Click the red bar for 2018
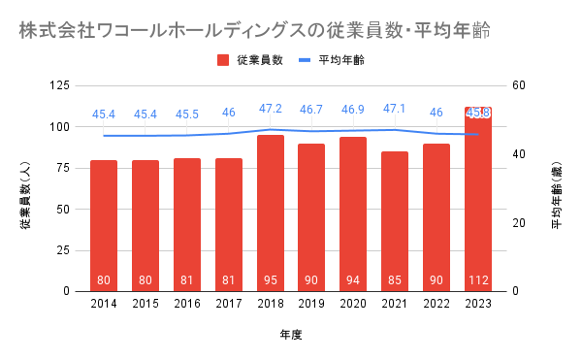271,213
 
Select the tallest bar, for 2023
478,199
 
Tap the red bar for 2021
395,221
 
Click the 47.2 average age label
271,109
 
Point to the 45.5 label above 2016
187,115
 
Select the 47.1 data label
395,109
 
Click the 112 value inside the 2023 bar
478,279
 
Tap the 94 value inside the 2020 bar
353,279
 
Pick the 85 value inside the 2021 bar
395,279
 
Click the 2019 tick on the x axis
311,304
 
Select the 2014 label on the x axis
104,304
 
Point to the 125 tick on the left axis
60,85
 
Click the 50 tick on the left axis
63,210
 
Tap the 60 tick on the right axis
519,85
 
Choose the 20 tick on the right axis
519,223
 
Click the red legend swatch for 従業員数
223,60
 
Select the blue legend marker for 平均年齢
305,60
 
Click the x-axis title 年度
291,335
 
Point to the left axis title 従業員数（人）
25,196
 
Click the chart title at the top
254,30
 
